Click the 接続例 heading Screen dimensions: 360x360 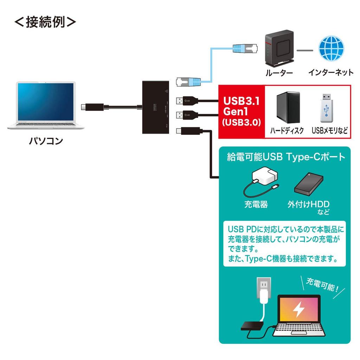coord(45,22)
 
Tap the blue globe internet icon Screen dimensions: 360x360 coord(330,50)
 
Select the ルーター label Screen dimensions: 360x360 coord(279,73)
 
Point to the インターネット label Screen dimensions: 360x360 coord(330,73)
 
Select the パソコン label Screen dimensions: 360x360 coord(46,141)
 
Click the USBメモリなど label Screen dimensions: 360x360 coord(329,131)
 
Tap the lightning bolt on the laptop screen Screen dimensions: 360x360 coord(299,310)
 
